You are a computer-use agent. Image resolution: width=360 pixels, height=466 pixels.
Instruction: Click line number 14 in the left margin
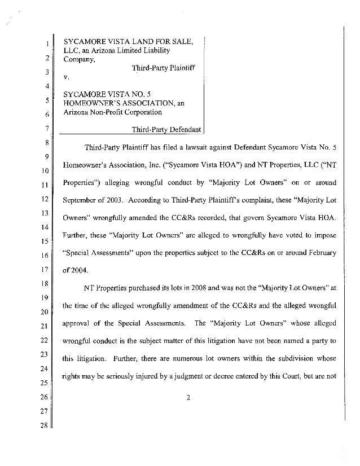41,226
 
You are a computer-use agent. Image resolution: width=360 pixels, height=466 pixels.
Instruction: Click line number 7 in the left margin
41,129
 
